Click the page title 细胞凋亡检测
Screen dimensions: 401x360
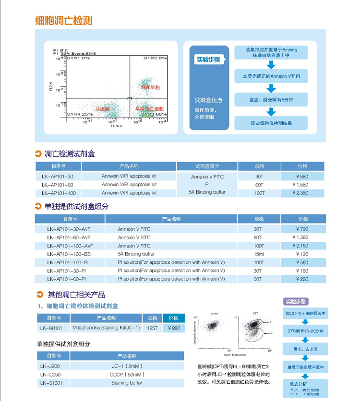(x=64, y=21)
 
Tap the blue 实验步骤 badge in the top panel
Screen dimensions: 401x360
(x=208, y=60)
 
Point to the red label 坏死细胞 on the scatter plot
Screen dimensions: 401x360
(x=150, y=88)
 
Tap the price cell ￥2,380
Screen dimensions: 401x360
(x=302, y=193)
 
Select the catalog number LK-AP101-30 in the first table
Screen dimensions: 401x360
(x=58, y=177)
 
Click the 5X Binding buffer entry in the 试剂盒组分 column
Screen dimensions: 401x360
(x=207, y=192)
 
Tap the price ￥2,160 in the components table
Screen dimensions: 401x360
(x=302, y=246)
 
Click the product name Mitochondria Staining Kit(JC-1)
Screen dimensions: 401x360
(x=106, y=328)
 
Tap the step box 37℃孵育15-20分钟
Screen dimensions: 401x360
(x=305, y=331)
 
